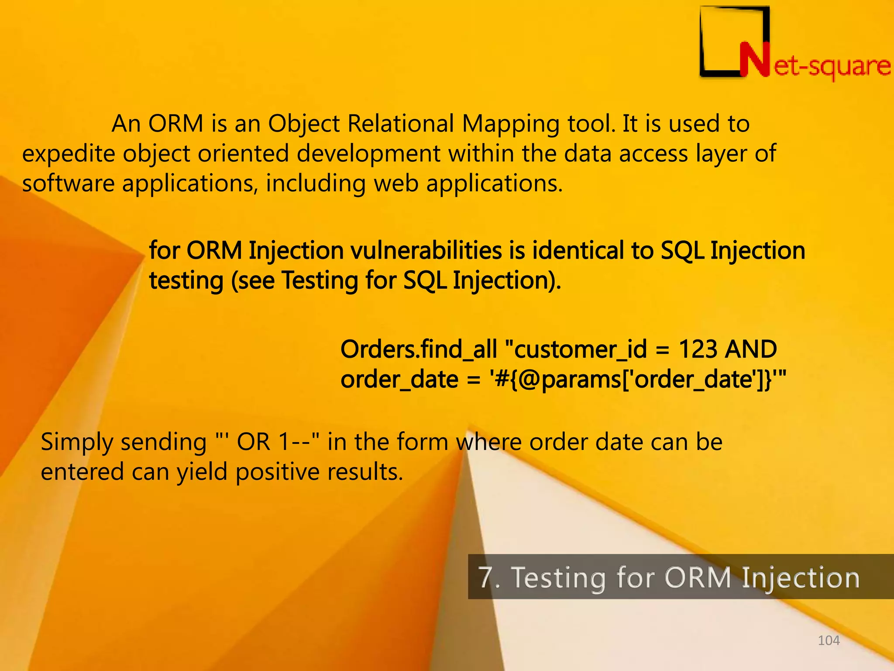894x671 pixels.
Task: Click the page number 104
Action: [x=829, y=640]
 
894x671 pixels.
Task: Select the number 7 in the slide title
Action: [x=485, y=577]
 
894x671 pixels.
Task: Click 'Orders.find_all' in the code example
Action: [x=419, y=349]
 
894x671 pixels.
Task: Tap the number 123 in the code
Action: [x=698, y=349]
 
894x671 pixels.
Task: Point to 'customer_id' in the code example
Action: [x=581, y=349]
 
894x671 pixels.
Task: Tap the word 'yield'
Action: [x=202, y=472]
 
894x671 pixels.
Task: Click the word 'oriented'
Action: [x=244, y=153]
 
